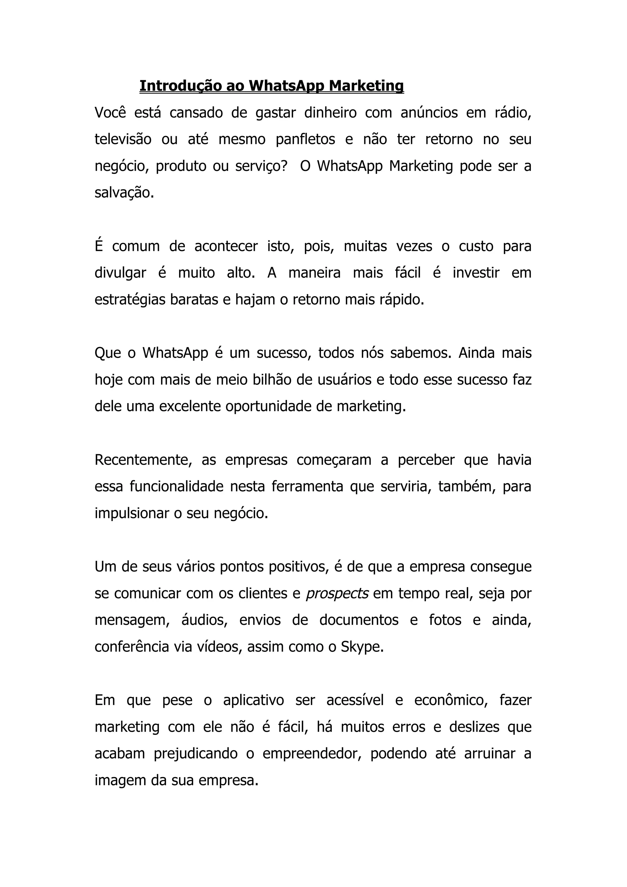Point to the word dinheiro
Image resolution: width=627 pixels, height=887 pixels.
pyautogui.click(x=330, y=112)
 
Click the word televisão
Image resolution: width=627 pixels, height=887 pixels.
pyautogui.click(x=123, y=139)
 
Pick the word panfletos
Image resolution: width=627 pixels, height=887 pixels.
pyautogui.click(x=306, y=139)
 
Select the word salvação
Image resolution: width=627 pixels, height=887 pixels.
pyautogui.click(x=124, y=192)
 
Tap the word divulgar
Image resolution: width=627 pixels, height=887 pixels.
pyautogui.click(x=120, y=273)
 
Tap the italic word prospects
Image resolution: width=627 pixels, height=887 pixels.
pyautogui.click(x=337, y=593)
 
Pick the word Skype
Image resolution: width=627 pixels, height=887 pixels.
pyautogui.click(x=362, y=647)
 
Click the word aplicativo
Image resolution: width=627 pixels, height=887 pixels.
pyautogui.click(x=253, y=700)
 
